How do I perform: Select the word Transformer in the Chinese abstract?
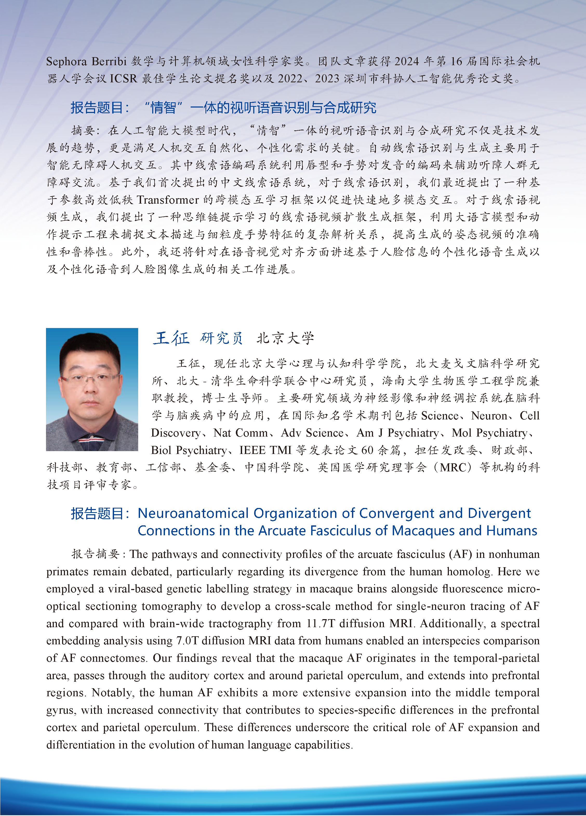168,200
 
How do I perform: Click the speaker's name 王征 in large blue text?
171,338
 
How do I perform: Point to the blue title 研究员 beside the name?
221,338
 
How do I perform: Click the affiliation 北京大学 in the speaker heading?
285,338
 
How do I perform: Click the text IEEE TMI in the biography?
266,450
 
